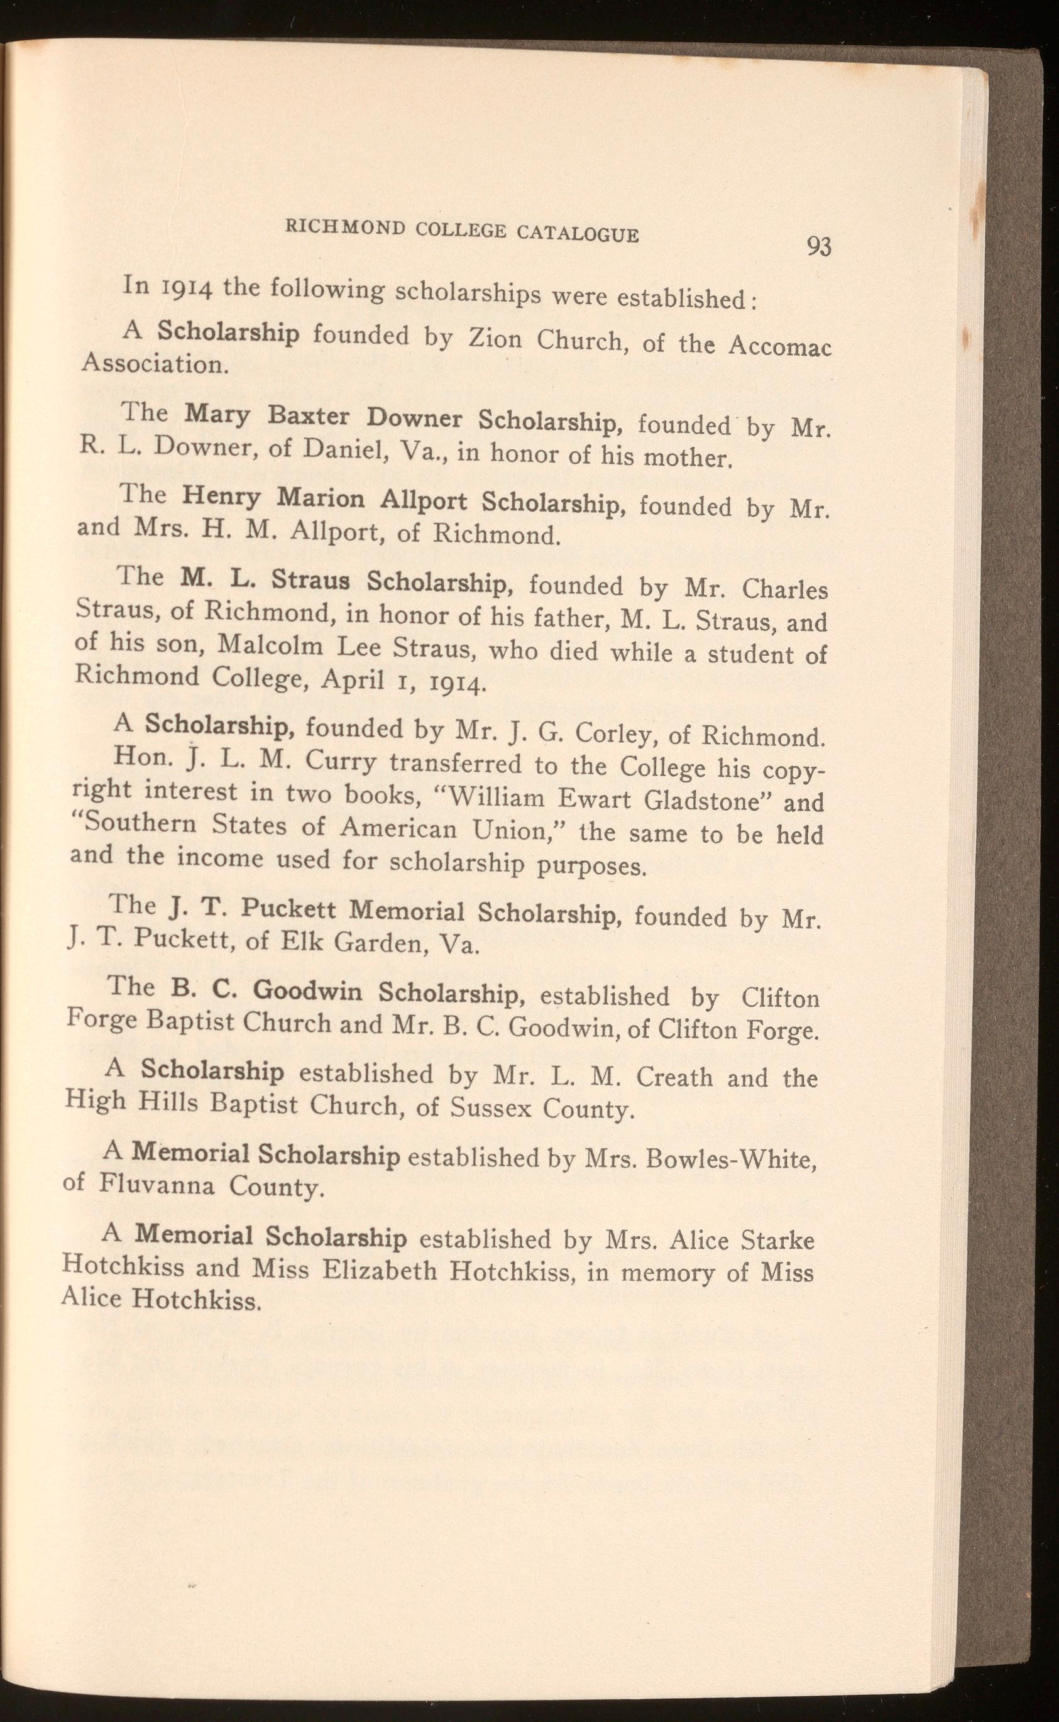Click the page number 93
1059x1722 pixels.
click(x=818, y=246)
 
